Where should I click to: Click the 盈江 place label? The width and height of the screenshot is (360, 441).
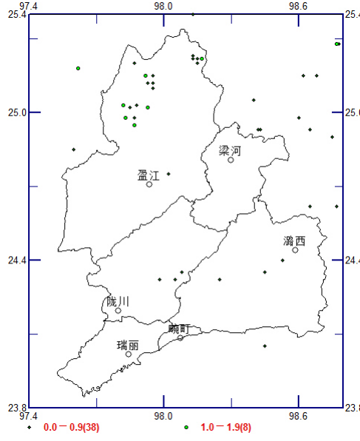[x=149, y=175]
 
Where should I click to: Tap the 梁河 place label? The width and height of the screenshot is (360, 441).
[x=230, y=150]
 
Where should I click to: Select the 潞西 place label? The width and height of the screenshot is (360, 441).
[x=294, y=240]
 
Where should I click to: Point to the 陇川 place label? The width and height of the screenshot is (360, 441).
[x=118, y=301]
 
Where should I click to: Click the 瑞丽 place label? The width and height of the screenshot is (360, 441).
[x=128, y=345]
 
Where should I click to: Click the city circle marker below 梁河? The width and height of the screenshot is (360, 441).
[x=231, y=160]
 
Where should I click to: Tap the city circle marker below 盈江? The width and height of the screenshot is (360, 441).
[x=149, y=184]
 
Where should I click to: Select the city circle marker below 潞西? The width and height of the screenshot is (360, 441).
[x=295, y=250]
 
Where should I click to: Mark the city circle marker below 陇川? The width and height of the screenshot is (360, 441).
[x=118, y=311]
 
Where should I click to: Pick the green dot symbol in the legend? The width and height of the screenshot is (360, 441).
[x=186, y=428]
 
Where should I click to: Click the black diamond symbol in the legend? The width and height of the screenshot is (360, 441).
[x=30, y=428]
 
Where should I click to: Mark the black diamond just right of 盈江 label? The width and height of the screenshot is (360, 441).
[x=169, y=174]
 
